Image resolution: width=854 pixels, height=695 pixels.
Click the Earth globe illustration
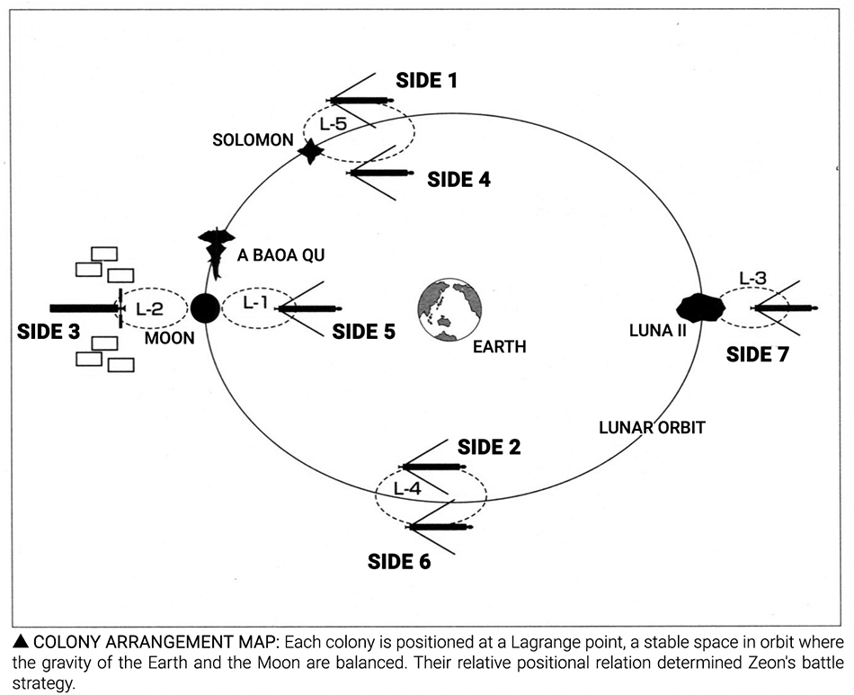point(449,311)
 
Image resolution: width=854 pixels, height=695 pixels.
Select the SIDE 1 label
point(426,81)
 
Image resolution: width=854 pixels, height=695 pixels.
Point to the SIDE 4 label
point(458,179)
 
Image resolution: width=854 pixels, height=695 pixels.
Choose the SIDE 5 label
point(363,332)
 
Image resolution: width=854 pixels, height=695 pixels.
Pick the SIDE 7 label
point(757,353)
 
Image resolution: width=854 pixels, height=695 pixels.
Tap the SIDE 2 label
point(489,447)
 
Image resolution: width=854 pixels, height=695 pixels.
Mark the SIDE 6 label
point(399,563)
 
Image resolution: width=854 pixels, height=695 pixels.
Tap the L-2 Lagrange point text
point(149,308)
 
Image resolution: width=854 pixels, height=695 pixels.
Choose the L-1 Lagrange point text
point(256,303)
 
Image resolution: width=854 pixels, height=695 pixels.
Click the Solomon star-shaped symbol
point(311,151)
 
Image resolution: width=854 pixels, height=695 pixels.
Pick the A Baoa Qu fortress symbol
point(214,251)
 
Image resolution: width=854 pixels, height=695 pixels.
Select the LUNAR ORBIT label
point(652,427)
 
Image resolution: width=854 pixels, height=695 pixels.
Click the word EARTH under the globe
point(499,347)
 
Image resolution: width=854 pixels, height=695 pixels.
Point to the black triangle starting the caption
point(21,642)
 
